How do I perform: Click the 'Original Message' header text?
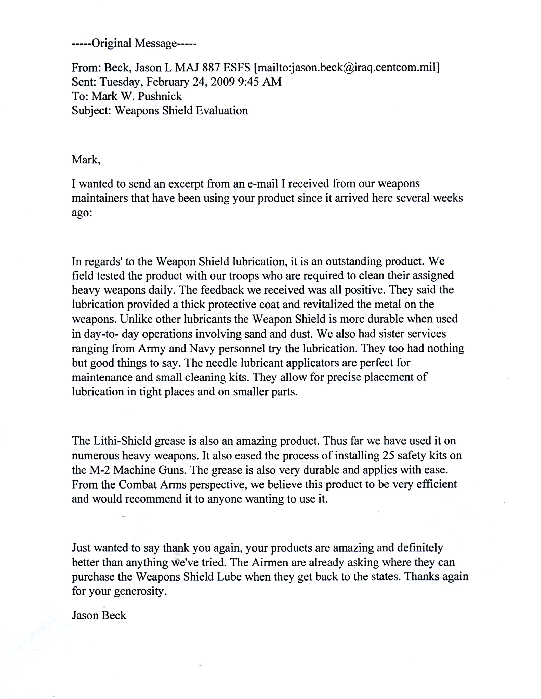coord(134,43)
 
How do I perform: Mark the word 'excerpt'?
coord(186,184)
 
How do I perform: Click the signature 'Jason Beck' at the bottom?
coord(99,615)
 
